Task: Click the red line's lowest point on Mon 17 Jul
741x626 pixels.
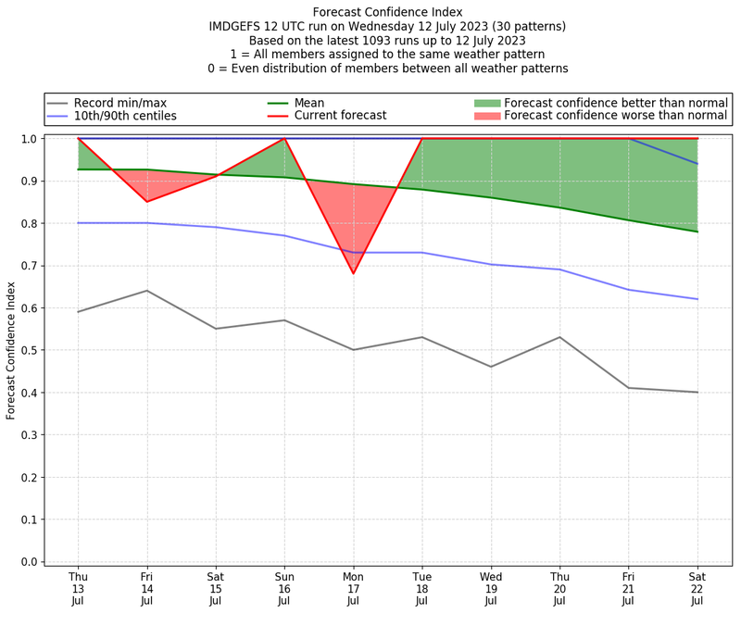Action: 353,273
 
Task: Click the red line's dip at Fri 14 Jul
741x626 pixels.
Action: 146,201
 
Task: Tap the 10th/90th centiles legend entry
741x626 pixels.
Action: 125,116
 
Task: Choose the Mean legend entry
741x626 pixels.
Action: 310,102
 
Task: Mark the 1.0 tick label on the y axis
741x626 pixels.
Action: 30,139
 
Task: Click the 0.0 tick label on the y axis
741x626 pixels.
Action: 30,562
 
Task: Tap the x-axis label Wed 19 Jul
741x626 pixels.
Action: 491,588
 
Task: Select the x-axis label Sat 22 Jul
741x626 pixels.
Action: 697,588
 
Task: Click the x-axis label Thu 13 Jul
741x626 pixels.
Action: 78,588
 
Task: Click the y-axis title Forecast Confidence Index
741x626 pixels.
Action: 11,350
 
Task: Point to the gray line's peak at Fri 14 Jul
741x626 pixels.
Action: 146,291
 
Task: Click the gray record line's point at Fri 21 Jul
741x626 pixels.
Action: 629,388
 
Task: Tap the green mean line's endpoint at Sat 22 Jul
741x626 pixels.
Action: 697,232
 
